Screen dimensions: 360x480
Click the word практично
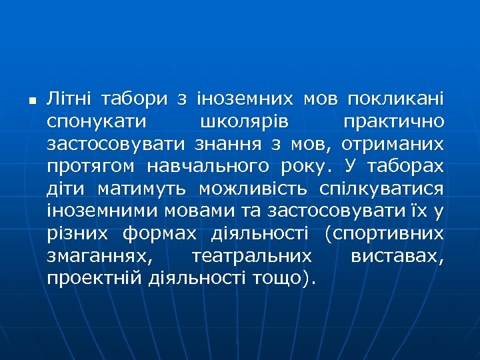click(x=393, y=123)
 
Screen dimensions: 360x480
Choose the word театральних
click(x=251, y=257)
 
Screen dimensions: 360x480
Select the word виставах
click(x=397, y=257)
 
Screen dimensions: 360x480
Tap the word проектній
click(x=94, y=279)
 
